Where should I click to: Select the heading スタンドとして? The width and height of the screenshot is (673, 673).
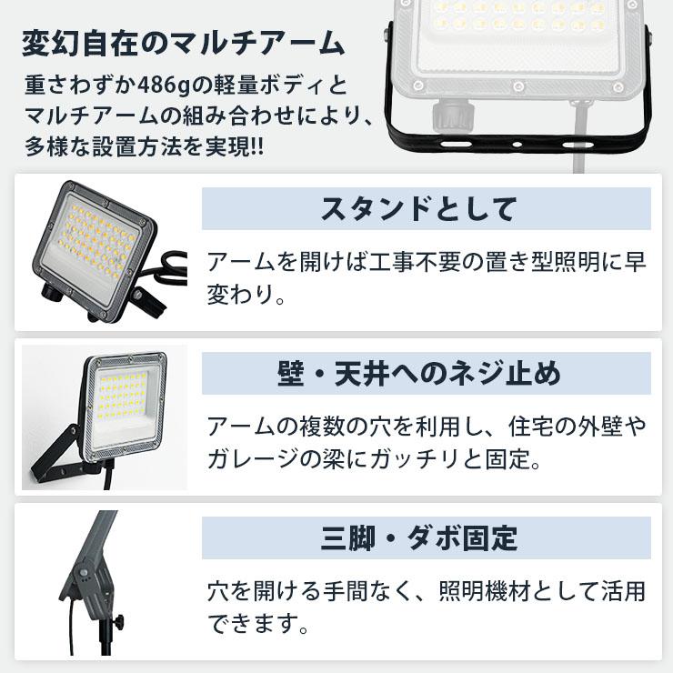[418, 208]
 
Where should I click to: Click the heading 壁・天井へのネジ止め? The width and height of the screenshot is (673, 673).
[418, 373]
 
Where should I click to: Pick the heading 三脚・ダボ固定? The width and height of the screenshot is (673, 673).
[418, 537]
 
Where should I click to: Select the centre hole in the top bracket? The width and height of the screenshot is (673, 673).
[515, 145]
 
